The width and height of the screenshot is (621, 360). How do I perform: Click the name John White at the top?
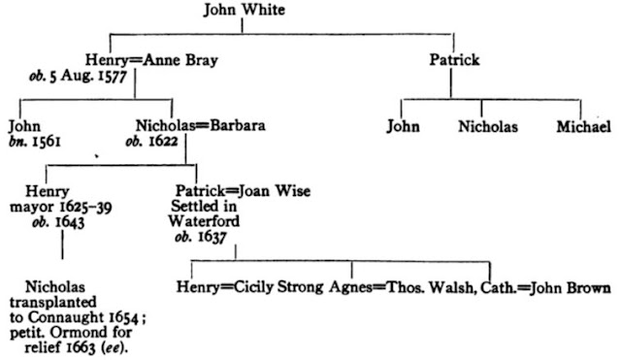(x=244, y=10)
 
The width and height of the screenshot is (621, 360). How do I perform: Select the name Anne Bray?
(x=180, y=60)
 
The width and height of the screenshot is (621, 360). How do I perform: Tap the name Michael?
(x=584, y=127)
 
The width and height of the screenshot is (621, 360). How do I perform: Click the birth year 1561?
(x=47, y=142)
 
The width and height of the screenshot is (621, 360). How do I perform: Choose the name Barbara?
(x=238, y=125)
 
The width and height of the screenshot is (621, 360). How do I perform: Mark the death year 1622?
(x=162, y=141)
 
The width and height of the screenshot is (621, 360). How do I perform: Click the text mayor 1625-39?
(x=60, y=207)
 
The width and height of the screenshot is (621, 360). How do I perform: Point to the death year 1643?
(x=70, y=222)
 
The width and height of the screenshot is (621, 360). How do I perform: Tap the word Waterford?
(x=204, y=221)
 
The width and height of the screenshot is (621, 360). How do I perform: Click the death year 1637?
(x=212, y=237)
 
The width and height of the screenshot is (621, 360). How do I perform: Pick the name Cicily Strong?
(x=278, y=287)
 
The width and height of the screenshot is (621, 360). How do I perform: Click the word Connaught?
(x=65, y=317)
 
